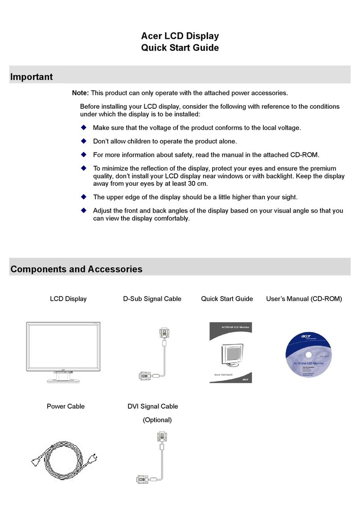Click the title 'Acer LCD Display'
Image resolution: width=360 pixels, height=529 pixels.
[180, 36]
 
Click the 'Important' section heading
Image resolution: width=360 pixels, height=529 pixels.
[31, 77]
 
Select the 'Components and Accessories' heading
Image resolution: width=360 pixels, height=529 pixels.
[76, 269]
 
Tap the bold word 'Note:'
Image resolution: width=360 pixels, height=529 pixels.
[81, 93]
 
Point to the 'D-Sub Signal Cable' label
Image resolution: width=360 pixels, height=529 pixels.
[152, 299]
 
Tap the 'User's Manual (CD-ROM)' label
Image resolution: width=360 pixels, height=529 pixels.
[304, 299]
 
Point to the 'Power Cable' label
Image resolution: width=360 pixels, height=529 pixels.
[65, 406]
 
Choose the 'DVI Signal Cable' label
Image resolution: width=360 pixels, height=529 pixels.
[152, 406]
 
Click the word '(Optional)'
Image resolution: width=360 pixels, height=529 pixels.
[157, 420]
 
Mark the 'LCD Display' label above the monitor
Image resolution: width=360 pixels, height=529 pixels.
[68, 299]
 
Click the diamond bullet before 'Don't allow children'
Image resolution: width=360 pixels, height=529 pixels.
[83, 141]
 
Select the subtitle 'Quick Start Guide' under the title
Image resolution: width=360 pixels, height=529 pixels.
[180, 48]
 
